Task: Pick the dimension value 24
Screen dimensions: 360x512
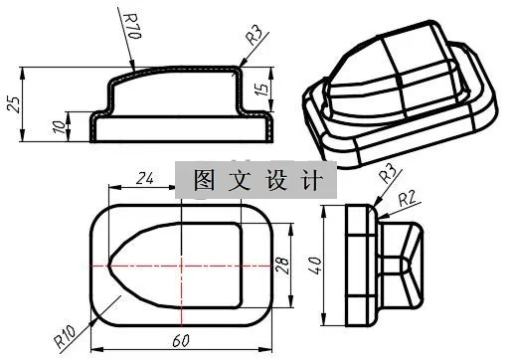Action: (x=144, y=178)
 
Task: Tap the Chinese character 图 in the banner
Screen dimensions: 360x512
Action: (x=204, y=183)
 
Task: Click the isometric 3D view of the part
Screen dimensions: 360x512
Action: (x=398, y=94)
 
